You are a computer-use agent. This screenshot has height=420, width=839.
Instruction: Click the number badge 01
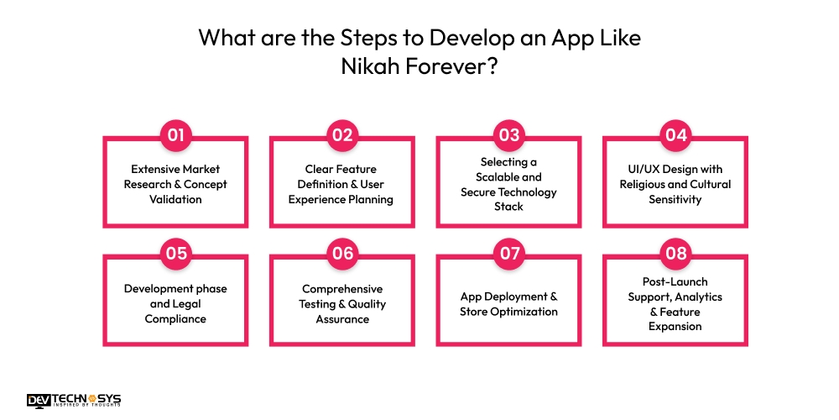tap(175, 135)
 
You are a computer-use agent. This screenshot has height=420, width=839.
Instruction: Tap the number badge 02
tap(341, 135)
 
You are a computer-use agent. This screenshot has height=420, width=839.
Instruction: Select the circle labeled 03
tap(508, 135)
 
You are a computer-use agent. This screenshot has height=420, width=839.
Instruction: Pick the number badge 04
tap(675, 135)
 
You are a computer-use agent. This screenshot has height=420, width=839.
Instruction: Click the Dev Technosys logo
tap(73, 401)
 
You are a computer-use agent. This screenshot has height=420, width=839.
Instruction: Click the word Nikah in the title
tap(366, 67)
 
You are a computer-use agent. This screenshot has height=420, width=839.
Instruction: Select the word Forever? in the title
tap(446, 67)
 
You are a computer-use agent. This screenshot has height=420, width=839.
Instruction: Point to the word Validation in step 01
tap(175, 199)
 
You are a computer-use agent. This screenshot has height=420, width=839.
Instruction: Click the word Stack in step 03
tap(508, 206)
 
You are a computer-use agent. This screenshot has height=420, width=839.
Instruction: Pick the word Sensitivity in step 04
tap(675, 199)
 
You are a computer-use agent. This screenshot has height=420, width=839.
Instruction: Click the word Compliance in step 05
tap(175, 318)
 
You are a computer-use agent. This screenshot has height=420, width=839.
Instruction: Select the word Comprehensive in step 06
tap(341, 288)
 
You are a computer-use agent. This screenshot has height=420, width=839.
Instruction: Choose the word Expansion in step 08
tap(675, 326)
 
